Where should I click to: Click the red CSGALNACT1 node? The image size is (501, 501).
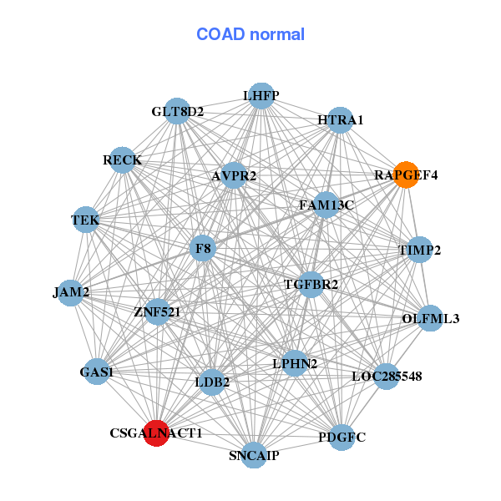click(x=156, y=433)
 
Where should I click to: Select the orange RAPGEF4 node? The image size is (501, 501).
click(x=406, y=175)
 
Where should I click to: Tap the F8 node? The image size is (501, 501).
click(x=203, y=248)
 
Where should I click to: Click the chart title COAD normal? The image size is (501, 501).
click(x=250, y=34)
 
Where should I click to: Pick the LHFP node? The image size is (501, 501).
click(x=261, y=95)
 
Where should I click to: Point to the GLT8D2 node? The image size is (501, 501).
click(x=177, y=111)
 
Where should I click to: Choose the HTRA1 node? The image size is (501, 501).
click(x=341, y=120)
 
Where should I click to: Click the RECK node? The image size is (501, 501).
click(x=123, y=160)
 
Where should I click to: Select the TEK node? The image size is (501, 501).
click(x=86, y=220)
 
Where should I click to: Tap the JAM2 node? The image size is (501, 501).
click(x=71, y=293)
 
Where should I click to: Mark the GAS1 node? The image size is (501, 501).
click(x=97, y=372)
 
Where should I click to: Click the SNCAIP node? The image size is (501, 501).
click(x=254, y=455)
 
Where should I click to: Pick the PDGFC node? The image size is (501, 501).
click(x=342, y=438)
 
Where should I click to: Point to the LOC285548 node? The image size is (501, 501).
click(x=387, y=377)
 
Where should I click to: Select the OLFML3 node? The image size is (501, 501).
click(x=430, y=318)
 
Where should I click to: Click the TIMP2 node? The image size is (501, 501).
click(x=419, y=250)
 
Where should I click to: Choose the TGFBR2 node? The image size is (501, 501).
click(x=311, y=285)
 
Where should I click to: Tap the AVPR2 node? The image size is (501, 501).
click(x=234, y=175)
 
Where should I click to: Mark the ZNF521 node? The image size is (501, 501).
click(x=157, y=311)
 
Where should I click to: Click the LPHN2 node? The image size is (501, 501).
click(x=295, y=363)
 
